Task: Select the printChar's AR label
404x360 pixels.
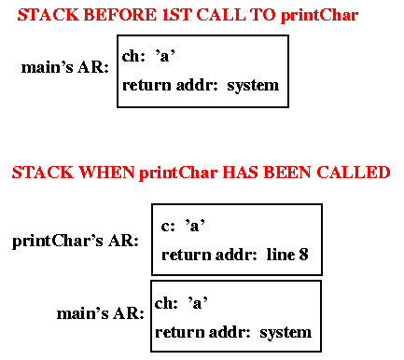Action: click(75, 242)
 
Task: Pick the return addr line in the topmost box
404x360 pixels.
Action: click(200, 85)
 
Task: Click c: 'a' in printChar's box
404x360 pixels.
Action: click(183, 225)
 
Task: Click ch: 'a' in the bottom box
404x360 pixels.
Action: click(181, 302)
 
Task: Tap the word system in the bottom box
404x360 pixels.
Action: click(286, 332)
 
